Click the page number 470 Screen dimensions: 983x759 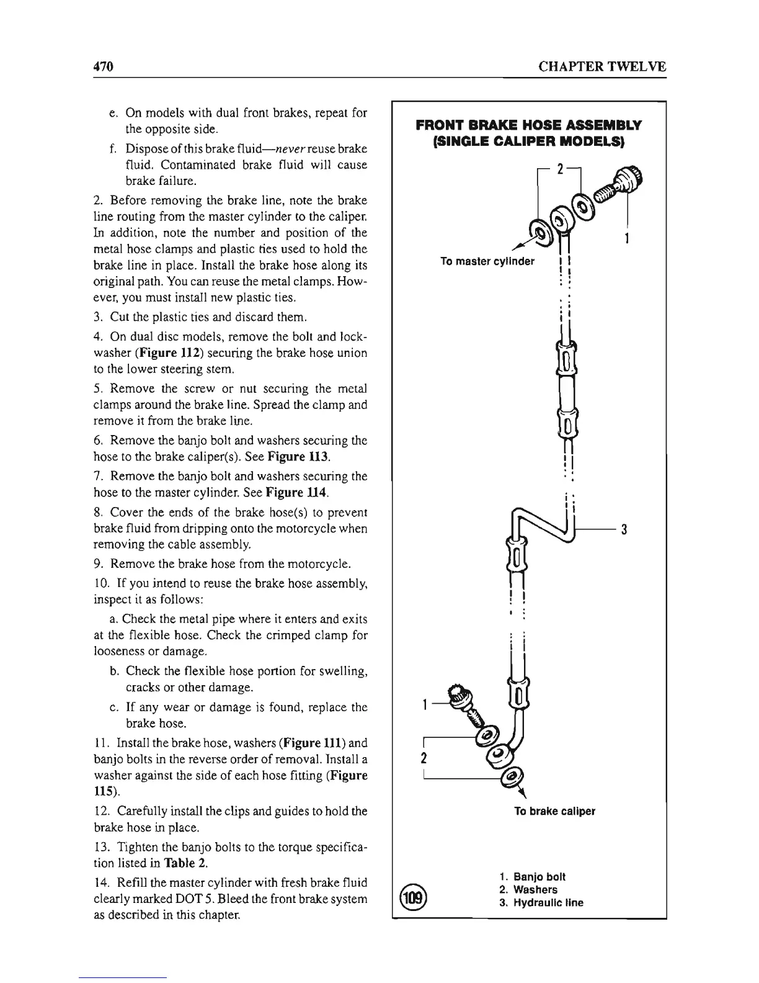click(100, 66)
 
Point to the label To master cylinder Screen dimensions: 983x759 click(487, 261)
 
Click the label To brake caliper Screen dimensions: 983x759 click(554, 811)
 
